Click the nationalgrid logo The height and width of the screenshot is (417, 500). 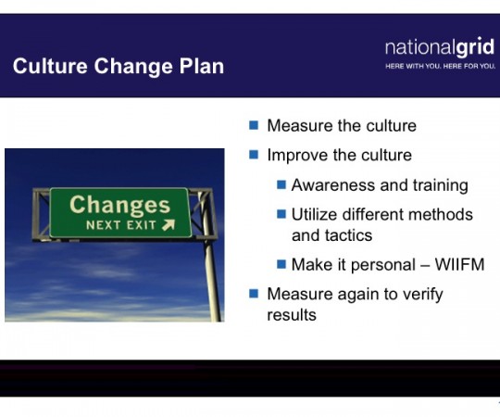click(440, 48)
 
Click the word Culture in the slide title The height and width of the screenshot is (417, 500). click(50, 66)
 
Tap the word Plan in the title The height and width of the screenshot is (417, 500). click(202, 66)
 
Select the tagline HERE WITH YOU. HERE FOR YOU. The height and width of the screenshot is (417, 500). click(441, 67)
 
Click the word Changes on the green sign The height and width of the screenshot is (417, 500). click(119, 206)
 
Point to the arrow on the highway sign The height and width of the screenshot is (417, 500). click(169, 224)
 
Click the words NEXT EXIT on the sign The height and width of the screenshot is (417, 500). click(121, 225)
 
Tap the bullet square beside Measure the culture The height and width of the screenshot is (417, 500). click(254, 125)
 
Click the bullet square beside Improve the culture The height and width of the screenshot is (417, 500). click(254, 155)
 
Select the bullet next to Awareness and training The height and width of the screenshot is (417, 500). click(281, 184)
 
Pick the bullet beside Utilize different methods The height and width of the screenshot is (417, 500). click(281, 214)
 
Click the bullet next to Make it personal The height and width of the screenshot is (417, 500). click(281, 264)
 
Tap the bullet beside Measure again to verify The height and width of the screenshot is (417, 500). click(254, 293)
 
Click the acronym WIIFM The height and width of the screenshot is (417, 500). click(460, 264)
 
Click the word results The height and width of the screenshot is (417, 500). click(292, 315)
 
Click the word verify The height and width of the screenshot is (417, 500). click(423, 295)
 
